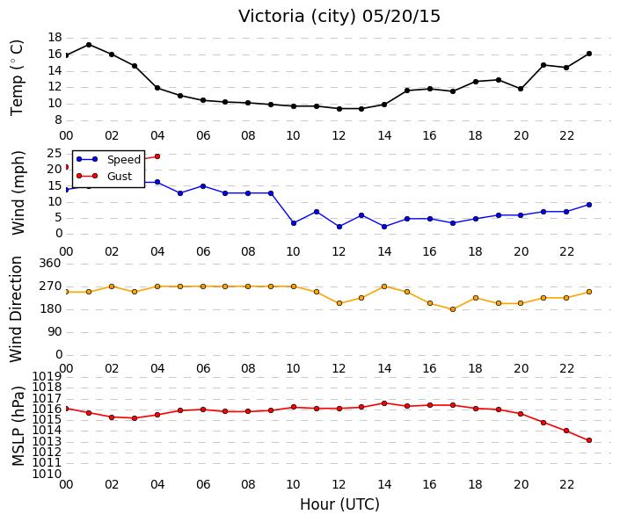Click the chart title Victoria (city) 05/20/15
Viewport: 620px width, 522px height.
[x=339, y=17]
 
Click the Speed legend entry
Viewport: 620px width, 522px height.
[x=109, y=159]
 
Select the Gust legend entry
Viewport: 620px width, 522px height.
[x=104, y=176]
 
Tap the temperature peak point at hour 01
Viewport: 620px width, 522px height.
[x=89, y=45]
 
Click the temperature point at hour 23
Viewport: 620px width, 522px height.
[x=589, y=54]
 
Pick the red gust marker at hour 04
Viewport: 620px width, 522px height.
[x=157, y=156]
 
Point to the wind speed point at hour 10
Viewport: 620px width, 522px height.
[x=294, y=223]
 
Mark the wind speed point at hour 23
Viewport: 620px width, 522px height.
[x=589, y=205]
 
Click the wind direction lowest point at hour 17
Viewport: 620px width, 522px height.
[x=453, y=309]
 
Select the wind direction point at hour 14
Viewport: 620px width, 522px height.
[x=384, y=286]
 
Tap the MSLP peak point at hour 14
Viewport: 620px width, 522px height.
[x=384, y=403]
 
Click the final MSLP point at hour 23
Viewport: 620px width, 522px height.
[x=589, y=440]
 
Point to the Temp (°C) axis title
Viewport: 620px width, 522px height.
[x=17, y=78]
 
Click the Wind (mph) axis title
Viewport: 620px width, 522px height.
[x=18, y=192]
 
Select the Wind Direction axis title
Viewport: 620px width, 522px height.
[x=16, y=309]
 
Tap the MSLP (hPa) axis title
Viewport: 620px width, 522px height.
[x=18, y=426]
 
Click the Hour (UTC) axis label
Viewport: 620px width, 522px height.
[x=339, y=504]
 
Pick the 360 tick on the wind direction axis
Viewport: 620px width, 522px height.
[x=50, y=263]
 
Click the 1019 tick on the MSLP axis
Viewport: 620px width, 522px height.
[x=47, y=376]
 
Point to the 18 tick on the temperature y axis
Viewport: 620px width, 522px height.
[x=55, y=38]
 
